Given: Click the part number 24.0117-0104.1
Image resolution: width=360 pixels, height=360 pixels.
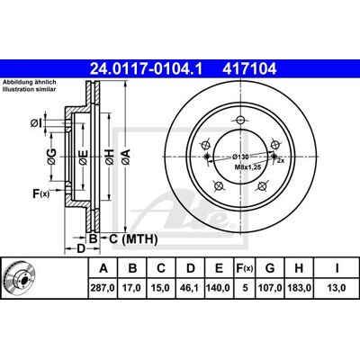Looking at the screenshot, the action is click(x=146, y=69).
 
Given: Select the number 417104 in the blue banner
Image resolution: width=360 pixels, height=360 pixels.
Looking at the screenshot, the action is click(x=249, y=69).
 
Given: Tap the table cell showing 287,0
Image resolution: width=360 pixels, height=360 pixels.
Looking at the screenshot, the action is click(x=103, y=288).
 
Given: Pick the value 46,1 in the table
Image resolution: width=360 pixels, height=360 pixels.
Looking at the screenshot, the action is click(x=190, y=288).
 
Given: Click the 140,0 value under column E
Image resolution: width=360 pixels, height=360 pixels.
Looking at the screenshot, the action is click(x=218, y=288).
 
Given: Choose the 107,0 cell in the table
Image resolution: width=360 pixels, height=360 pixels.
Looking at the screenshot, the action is click(x=270, y=288).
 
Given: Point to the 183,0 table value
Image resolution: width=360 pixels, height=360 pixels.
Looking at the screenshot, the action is click(x=299, y=288).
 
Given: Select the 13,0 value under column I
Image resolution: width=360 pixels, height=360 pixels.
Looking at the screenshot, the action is click(x=337, y=288).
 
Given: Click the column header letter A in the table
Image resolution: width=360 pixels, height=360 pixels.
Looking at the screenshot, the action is click(x=103, y=268).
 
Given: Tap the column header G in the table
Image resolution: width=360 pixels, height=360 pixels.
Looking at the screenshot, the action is click(x=270, y=268).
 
